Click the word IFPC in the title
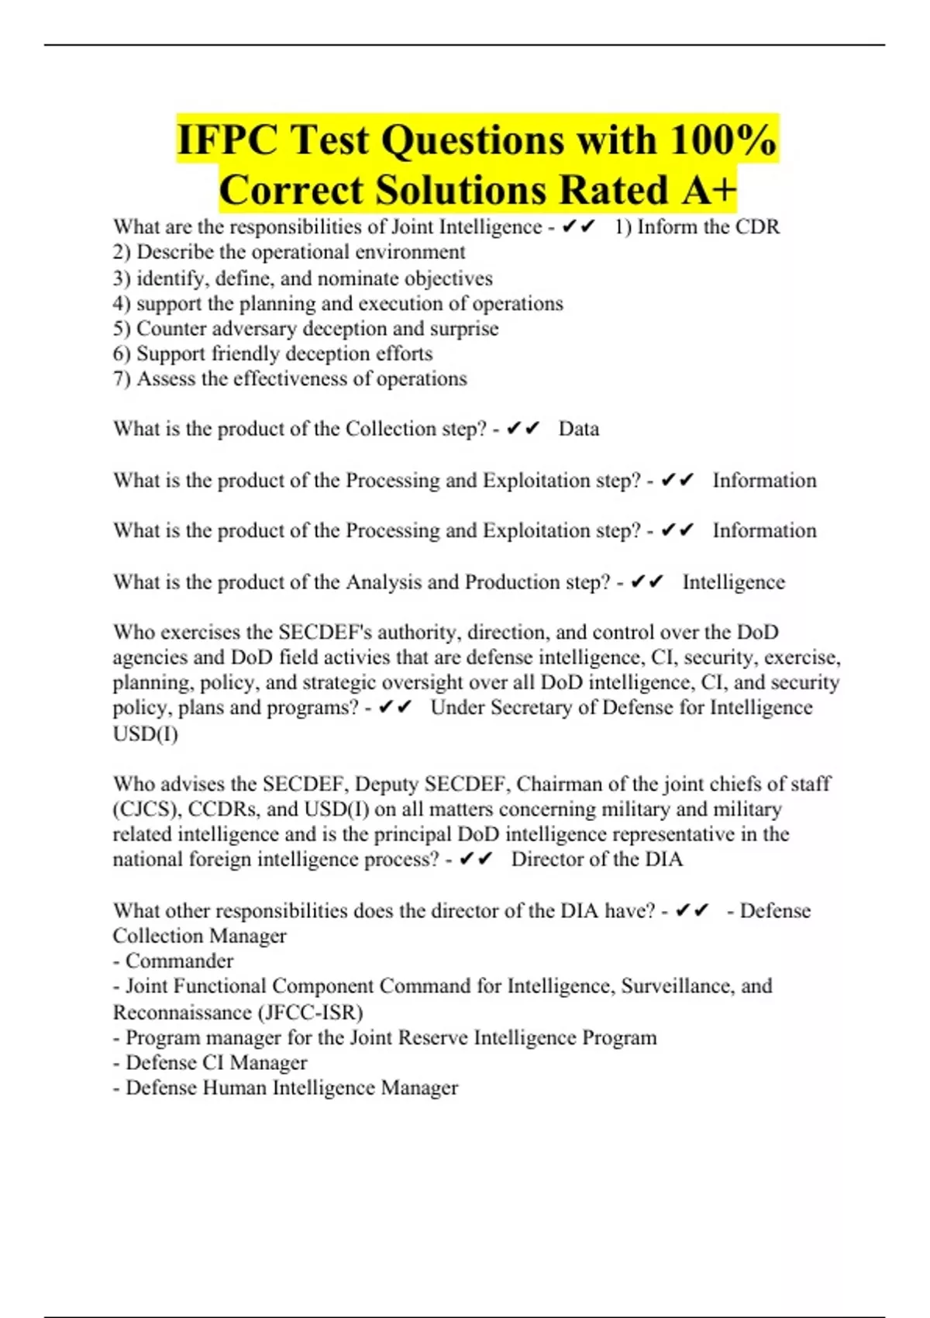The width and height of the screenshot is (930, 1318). click(x=227, y=140)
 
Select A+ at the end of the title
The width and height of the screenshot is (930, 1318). click(x=708, y=190)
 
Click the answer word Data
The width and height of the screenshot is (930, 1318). click(x=578, y=430)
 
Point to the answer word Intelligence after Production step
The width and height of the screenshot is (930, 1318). click(x=733, y=582)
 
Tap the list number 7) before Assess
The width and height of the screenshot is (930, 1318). click(x=122, y=379)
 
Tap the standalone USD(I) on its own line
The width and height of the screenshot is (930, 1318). click(x=145, y=733)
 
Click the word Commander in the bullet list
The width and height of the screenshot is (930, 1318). click(x=179, y=961)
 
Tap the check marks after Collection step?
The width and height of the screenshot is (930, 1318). click(x=522, y=430)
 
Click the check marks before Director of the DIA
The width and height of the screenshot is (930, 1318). click(x=476, y=860)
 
